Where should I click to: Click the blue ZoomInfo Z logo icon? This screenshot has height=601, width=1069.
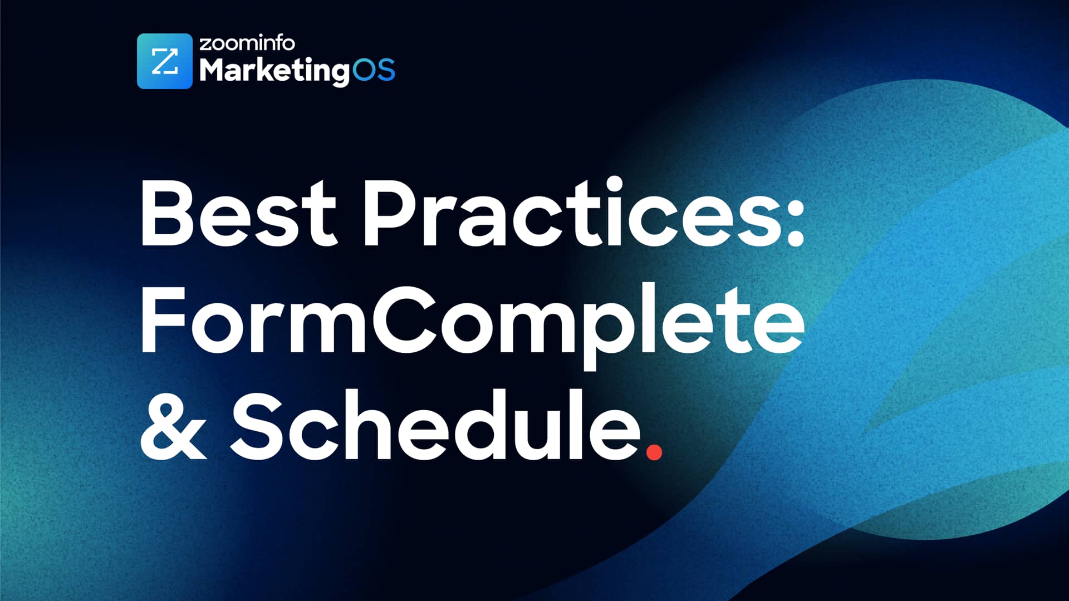tap(164, 61)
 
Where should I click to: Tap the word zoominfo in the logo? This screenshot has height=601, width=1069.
tap(247, 43)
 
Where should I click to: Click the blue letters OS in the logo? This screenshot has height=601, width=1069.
tap(374, 70)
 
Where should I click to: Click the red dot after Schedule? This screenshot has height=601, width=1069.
tap(654, 451)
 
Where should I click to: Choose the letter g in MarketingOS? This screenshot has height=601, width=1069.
tap(337, 74)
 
